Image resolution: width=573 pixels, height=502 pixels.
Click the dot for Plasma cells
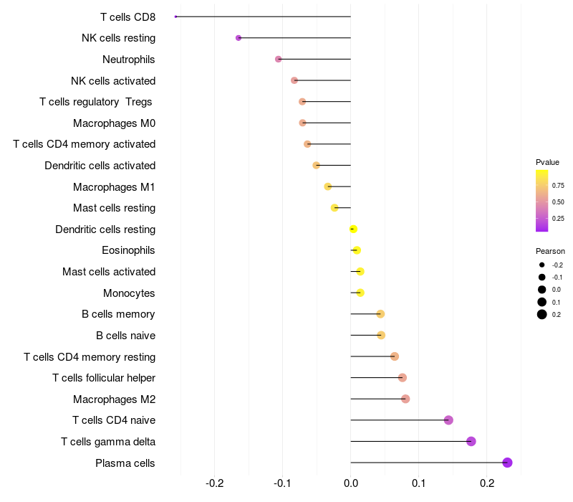[x=507, y=463]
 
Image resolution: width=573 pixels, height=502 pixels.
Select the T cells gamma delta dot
[x=471, y=441]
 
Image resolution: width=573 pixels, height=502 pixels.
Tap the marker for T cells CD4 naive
[x=448, y=420]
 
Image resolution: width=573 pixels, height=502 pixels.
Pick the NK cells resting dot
[x=239, y=38]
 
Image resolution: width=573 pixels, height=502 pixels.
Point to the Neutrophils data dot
[x=279, y=59]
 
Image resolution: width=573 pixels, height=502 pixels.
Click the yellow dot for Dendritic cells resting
[x=353, y=229]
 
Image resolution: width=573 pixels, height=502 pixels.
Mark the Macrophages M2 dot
[x=405, y=399]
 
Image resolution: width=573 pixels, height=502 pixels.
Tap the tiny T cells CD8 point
[x=175, y=16]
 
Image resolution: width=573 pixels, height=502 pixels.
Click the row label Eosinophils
[x=129, y=250]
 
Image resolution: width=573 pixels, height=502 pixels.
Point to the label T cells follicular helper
[x=104, y=378]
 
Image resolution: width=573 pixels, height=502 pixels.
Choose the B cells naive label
[x=125, y=335]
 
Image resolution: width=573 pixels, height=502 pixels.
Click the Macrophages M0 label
[x=114, y=123]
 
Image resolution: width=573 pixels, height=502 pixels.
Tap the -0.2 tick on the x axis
[x=215, y=483]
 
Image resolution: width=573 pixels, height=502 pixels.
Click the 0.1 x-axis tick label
[x=419, y=483]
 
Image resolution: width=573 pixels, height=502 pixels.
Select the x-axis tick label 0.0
[x=351, y=483]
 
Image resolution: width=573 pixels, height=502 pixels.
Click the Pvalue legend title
[x=547, y=162]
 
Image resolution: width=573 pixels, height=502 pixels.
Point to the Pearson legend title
[x=550, y=251]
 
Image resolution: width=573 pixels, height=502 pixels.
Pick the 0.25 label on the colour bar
[x=558, y=218]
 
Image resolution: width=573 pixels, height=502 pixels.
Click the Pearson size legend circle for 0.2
[x=542, y=314]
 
